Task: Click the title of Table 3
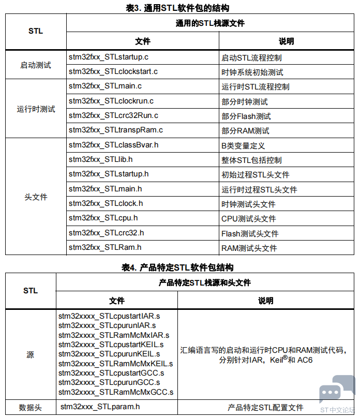[177, 8]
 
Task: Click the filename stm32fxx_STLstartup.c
[109, 57]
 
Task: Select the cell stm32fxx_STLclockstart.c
[113, 71]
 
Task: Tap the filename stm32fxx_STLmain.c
[105, 86]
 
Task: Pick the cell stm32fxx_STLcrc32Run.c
[113, 115]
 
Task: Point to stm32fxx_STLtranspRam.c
[116, 130]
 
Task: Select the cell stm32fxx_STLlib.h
[101, 159]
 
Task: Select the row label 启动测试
[36, 65]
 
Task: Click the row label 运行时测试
[36, 109]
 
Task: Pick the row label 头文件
[36, 197]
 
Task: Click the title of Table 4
[177, 267]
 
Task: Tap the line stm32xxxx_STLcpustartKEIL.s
[111, 345]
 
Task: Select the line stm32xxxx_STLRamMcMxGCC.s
[116, 392]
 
